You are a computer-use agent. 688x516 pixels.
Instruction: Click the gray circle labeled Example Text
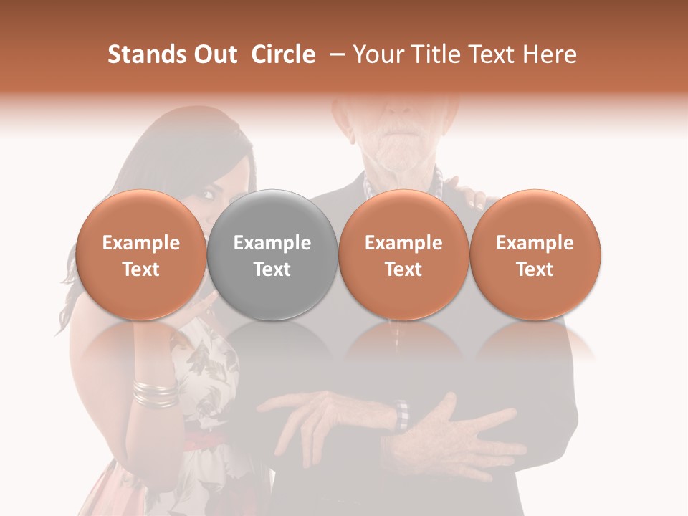[x=272, y=254]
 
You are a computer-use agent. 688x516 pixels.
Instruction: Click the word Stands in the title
[x=143, y=54]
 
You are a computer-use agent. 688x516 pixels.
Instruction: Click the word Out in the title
[x=215, y=54]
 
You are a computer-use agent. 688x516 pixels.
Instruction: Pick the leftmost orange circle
[x=140, y=254]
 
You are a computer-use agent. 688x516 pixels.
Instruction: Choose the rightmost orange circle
[x=535, y=254]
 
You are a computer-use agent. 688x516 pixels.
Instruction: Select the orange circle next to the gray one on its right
[x=403, y=254]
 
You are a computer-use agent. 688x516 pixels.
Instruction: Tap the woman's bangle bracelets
[x=155, y=393]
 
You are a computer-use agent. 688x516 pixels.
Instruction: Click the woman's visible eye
[x=210, y=193]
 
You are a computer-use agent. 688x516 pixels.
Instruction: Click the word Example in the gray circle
[x=272, y=243]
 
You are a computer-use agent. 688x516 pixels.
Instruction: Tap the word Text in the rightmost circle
[x=535, y=269]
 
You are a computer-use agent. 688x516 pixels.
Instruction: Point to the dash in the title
[x=334, y=54]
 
